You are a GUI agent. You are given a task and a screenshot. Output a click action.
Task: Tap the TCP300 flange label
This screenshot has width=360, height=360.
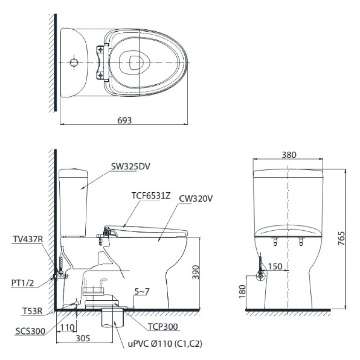(x=162, y=327)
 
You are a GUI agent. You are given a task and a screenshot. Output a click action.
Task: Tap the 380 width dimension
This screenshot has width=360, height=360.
(x=289, y=155)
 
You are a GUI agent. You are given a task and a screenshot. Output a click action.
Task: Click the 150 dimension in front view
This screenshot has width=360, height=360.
(x=275, y=267)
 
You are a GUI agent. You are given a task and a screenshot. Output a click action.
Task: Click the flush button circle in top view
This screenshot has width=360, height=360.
(x=73, y=62)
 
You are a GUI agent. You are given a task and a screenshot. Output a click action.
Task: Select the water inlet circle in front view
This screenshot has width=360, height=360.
(x=261, y=276)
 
